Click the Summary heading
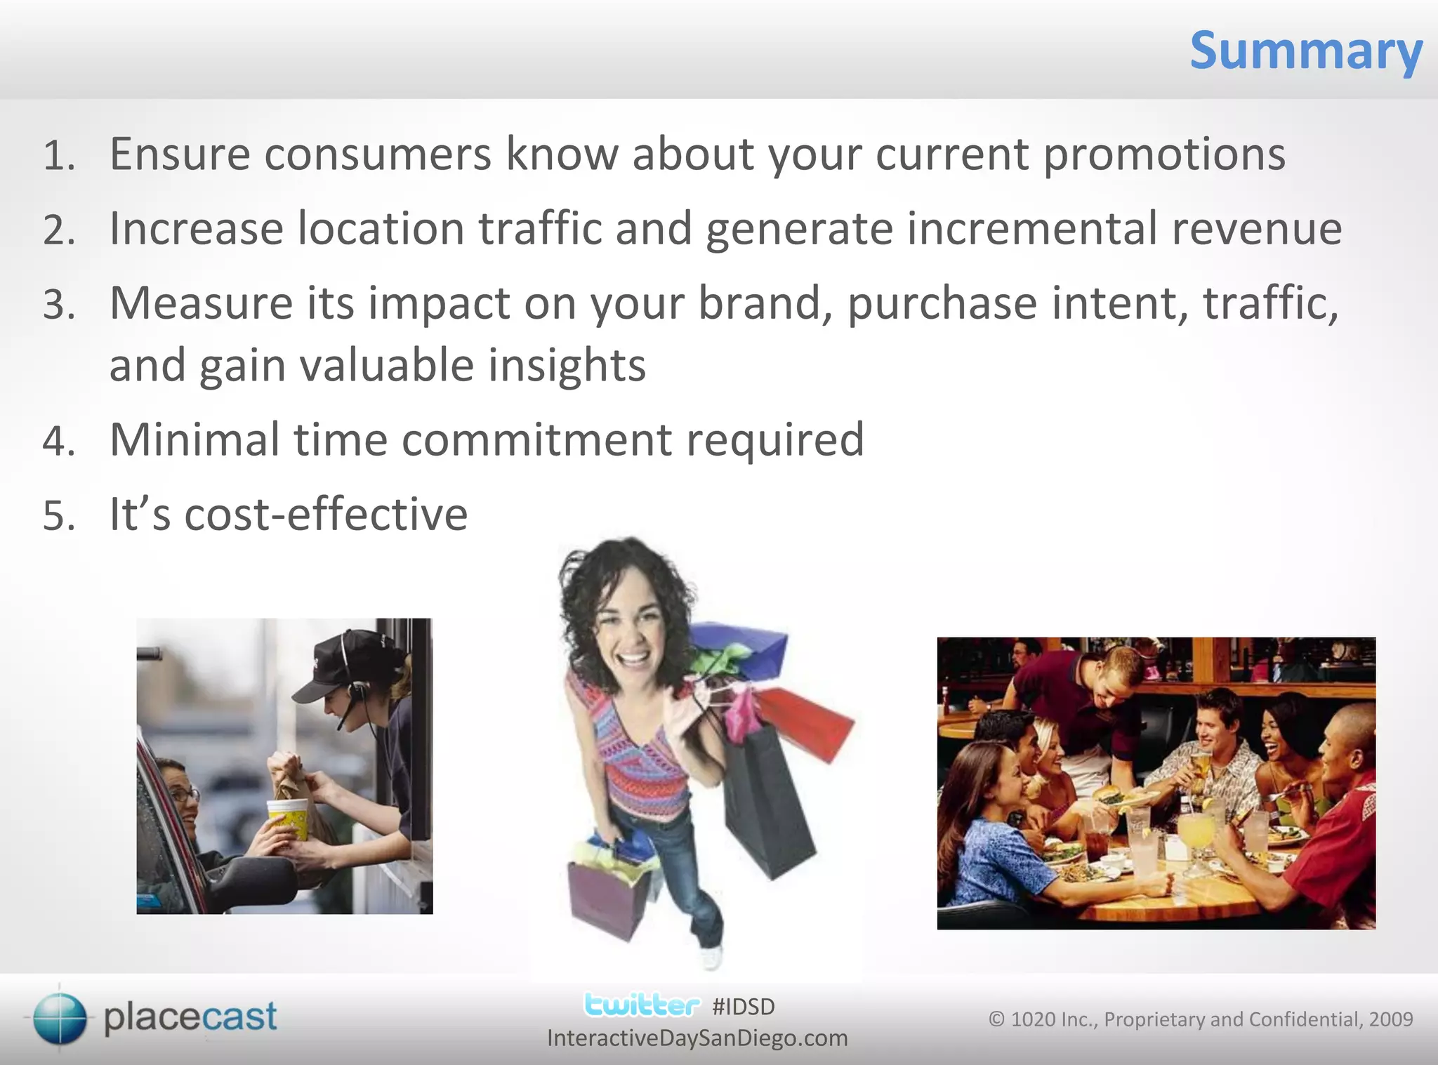[x=1306, y=52]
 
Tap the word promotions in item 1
[x=1164, y=154]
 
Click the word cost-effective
[x=326, y=515]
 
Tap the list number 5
[x=58, y=516]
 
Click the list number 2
[x=58, y=231]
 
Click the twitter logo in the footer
[x=642, y=1005]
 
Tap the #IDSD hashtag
[x=743, y=1007]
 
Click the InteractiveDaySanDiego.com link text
[x=697, y=1038]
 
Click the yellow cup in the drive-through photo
[x=288, y=818]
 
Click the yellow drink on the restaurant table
[x=1195, y=832]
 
